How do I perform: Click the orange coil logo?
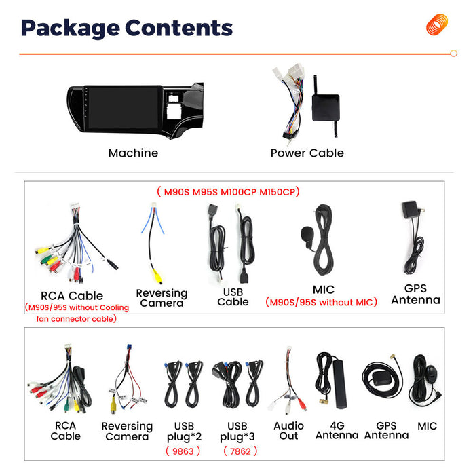pyautogui.click(x=437, y=24)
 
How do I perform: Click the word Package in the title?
pyautogui.click(x=71, y=28)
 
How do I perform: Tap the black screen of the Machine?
pyautogui.click(x=123, y=107)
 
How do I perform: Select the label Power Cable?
pyautogui.click(x=307, y=153)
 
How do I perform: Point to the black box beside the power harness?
pyautogui.click(x=326, y=107)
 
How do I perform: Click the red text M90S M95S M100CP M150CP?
pyautogui.click(x=229, y=192)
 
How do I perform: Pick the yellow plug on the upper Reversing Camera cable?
pyautogui.click(x=157, y=277)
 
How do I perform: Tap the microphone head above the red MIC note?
pyautogui.click(x=307, y=234)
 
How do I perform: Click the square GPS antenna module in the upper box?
pyautogui.click(x=410, y=210)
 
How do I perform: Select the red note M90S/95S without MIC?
pyautogui.click(x=321, y=302)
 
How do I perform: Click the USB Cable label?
pyautogui.click(x=233, y=297)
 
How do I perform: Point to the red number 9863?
pyautogui.click(x=183, y=451)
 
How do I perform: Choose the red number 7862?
pyautogui.click(x=240, y=451)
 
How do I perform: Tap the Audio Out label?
pyautogui.click(x=288, y=431)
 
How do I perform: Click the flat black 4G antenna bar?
pyautogui.click(x=339, y=383)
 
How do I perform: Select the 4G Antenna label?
pyautogui.click(x=337, y=430)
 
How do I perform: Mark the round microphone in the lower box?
pyautogui.click(x=430, y=373)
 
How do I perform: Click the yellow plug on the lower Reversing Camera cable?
pyautogui.click(x=113, y=405)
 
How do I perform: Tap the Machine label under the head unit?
pyautogui.click(x=133, y=153)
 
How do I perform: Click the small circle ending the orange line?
pyautogui.click(x=453, y=54)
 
